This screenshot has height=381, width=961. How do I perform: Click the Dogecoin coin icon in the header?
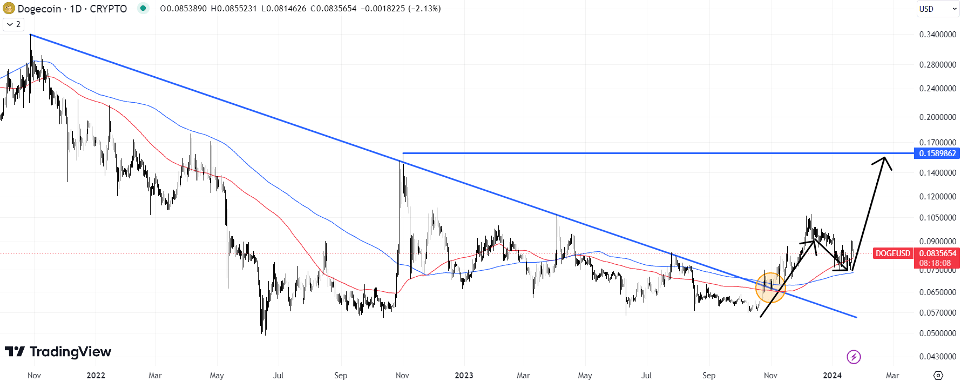(x=9, y=9)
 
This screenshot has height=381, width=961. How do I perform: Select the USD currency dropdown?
(x=937, y=9)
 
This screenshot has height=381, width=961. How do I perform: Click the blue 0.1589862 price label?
(x=937, y=153)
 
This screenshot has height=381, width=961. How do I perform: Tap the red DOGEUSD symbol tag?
(x=893, y=253)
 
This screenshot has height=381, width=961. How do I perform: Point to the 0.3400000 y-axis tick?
(x=937, y=35)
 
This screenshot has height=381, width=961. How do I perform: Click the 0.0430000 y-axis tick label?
(x=937, y=357)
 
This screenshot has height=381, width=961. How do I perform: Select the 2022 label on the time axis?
(x=96, y=376)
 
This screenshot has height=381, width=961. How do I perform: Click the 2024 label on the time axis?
(x=832, y=376)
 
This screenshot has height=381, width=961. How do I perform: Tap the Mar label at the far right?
(x=892, y=376)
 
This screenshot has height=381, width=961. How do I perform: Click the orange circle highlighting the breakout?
(x=770, y=288)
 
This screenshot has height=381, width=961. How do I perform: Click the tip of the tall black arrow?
(x=885, y=157)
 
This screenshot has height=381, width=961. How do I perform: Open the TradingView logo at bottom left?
(x=58, y=352)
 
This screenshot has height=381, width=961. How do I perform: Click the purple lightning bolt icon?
(x=854, y=357)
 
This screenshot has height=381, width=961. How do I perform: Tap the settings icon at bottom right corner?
(x=938, y=376)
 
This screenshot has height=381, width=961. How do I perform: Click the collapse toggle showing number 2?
(x=13, y=24)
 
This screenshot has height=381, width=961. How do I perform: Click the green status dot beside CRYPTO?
(x=143, y=8)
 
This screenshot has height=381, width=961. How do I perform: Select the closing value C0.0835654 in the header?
(x=333, y=9)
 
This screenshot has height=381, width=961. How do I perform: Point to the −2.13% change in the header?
(x=425, y=9)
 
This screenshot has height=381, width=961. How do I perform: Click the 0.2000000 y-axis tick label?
(x=937, y=117)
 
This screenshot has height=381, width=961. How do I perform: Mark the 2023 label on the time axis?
(x=464, y=376)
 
